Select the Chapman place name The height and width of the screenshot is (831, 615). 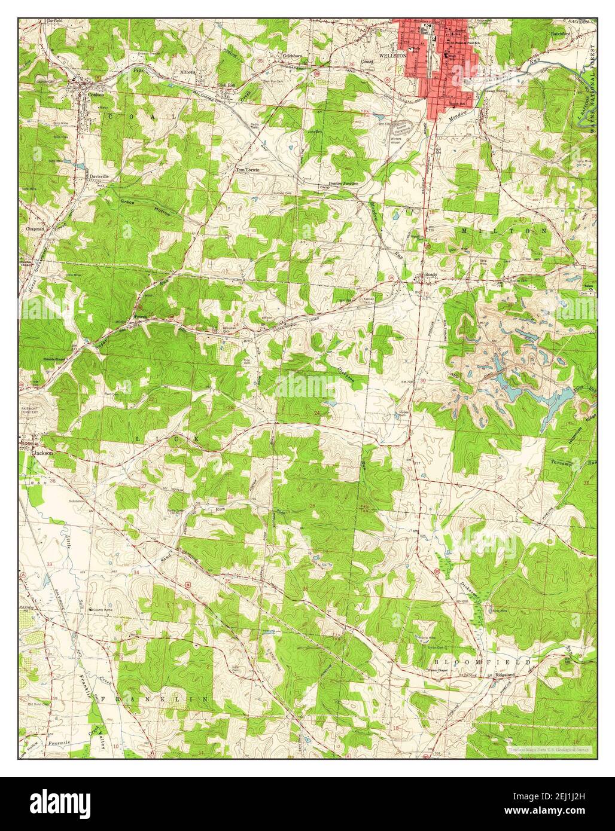point(34,228)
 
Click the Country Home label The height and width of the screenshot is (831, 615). point(102,610)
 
